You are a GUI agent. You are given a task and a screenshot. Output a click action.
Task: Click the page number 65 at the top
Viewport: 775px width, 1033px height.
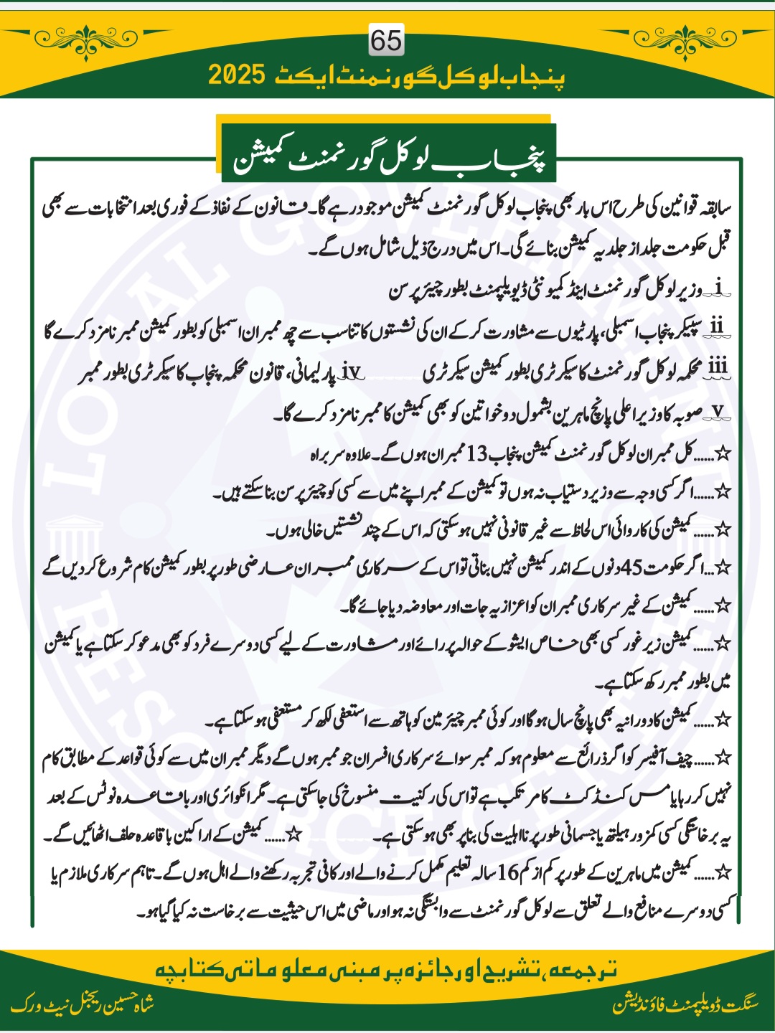pos(386,40)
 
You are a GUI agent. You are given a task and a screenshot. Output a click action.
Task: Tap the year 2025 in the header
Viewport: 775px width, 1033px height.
pos(238,74)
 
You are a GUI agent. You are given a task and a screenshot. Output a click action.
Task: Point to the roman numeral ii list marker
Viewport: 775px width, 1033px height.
pos(716,326)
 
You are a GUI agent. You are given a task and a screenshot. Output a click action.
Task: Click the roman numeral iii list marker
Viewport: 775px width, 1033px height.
pos(717,367)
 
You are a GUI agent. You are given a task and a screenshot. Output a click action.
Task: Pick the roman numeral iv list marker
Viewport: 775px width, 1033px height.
pos(352,371)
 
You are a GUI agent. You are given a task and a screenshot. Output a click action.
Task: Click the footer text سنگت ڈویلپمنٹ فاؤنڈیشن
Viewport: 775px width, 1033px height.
pos(685,1004)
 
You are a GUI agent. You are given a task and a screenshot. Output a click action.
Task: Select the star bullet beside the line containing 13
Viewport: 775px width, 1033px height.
pos(723,453)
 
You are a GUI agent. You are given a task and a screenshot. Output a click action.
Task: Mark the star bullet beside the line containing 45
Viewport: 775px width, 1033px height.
pos(723,567)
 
